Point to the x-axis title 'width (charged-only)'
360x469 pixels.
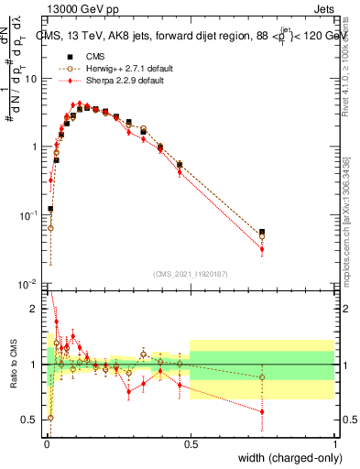click(287, 457)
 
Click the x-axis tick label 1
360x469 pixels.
click(334, 442)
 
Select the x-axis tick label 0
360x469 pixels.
click(47, 442)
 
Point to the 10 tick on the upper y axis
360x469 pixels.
click(33, 79)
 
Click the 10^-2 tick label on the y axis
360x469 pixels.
click(30, 283)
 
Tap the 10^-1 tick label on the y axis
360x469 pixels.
click(30, 215)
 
